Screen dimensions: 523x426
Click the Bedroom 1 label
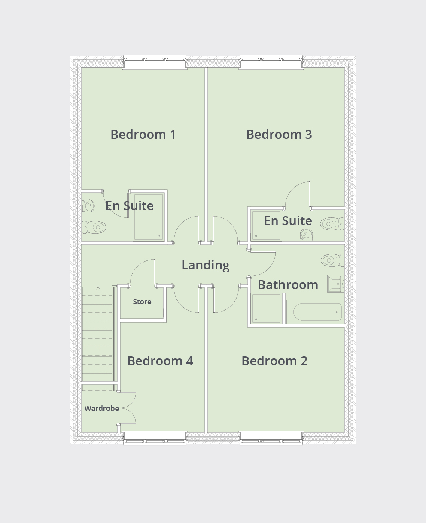click(x=143, y=135)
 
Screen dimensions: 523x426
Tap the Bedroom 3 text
click(x=279, y=135)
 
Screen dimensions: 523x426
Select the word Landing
click(x=205, y=265)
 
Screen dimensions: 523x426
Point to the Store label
click(x=142, y=302)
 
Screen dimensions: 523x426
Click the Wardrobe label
click(x=102, y=408)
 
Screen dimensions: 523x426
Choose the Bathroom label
click(x=288, y=285)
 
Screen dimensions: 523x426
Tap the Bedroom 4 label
click(x=160, y=361)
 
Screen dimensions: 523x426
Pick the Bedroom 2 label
click(x=274, y=361)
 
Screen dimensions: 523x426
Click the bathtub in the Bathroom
click(x=314, y=312)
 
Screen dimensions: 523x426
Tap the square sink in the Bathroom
click(x=335, y=284)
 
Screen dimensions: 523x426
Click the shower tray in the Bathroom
click(x=266, y=308)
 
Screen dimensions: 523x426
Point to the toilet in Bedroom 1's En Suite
click(x=94, y=227)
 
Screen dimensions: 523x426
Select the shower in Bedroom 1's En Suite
click(x=148, y=216)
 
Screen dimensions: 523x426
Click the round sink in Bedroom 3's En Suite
click(x=307, y=235)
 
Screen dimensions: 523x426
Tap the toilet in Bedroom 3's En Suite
click(x=332, y=224)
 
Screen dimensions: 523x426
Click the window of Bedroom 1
click(x=155, y=64)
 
